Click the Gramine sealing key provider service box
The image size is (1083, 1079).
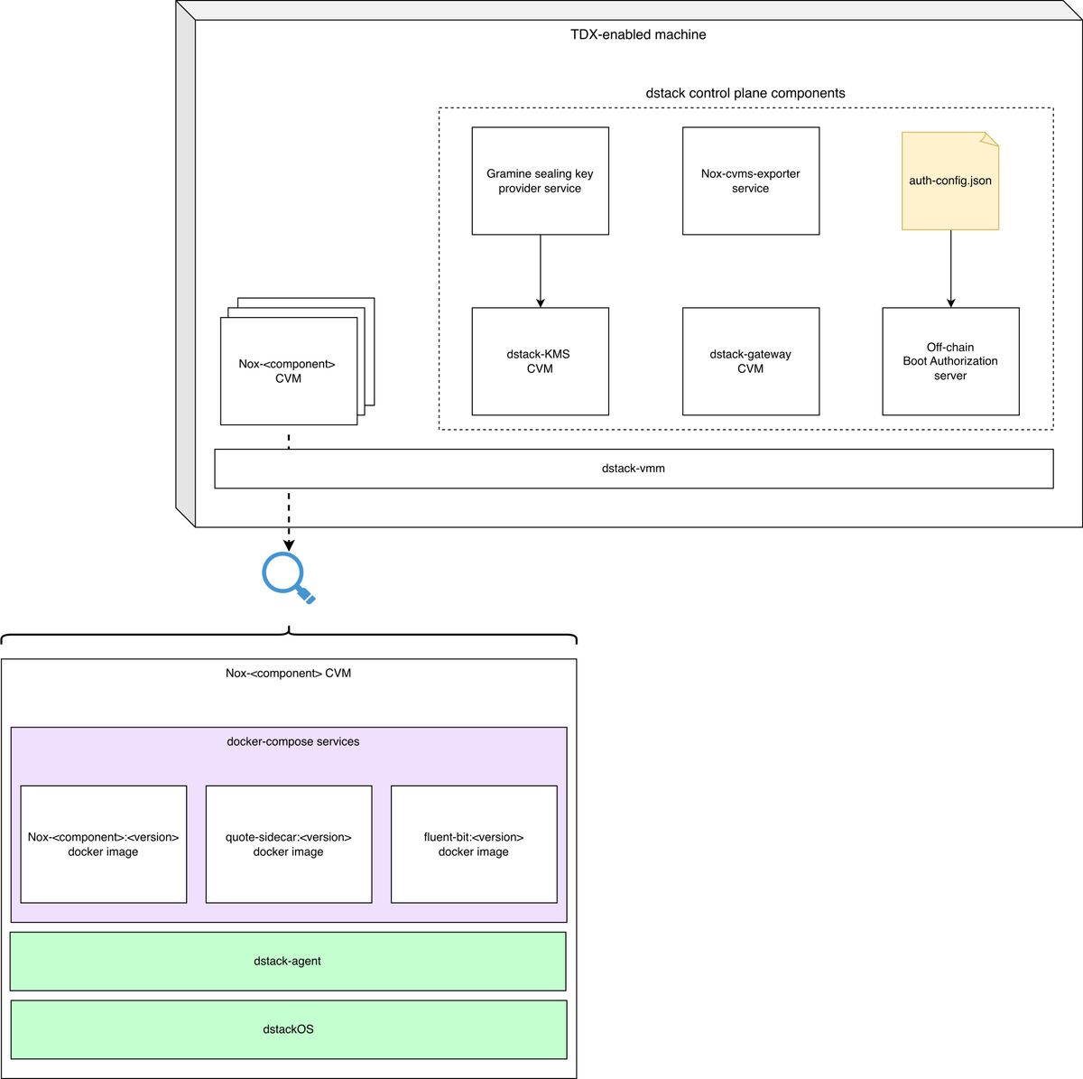540,181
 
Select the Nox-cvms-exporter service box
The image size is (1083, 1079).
751,181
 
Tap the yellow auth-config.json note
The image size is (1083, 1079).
950,181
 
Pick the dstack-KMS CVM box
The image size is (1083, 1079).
540,361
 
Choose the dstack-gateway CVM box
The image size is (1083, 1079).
751,361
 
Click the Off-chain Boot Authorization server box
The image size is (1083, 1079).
951,361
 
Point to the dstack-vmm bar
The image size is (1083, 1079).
634,469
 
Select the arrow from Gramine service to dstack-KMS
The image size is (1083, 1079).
540,271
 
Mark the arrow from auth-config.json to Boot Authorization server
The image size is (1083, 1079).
951,269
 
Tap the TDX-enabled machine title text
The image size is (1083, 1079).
638,34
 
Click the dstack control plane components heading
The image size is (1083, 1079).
745,93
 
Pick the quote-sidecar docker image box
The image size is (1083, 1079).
289,844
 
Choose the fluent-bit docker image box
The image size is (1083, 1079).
474,844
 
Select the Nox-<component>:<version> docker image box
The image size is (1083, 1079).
104,844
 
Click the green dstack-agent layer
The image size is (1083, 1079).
288,961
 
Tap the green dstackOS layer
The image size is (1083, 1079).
289,1029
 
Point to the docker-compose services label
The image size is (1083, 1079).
292,741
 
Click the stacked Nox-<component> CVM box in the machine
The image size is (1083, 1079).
289,371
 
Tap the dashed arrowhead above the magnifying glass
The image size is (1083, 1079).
289,545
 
